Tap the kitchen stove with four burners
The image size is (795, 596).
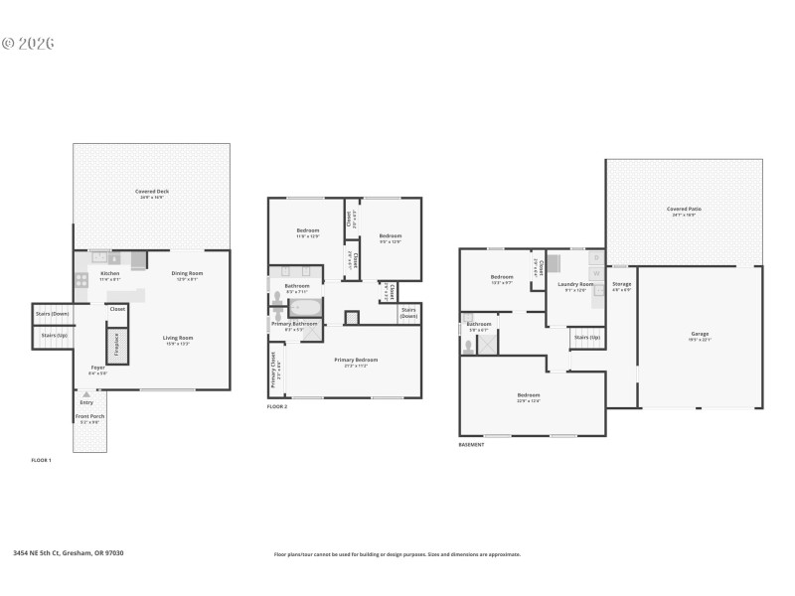[x=81, y=280]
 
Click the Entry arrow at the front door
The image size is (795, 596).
[x=86, y=395]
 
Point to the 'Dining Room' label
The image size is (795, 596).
[x=187, y=273]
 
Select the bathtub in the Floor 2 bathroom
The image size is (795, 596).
[x=306, y=307]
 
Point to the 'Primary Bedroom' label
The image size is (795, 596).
[x=356, y=360]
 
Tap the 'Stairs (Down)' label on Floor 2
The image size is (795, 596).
[x=408, y=312]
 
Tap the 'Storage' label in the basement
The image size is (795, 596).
[x=622, y=286]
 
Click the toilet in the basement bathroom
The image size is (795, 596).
[x=468, y=347]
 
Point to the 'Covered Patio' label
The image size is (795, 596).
[x=684, y=209]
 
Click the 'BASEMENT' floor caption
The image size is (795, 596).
[x=471, y=444]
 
